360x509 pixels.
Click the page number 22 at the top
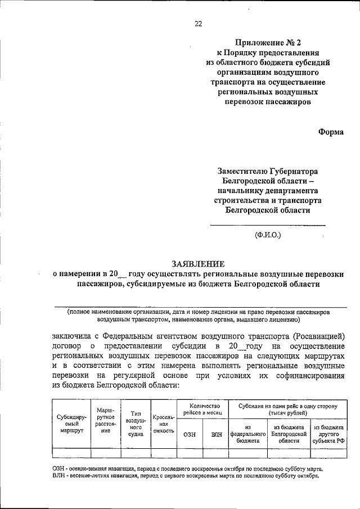pos(198,23)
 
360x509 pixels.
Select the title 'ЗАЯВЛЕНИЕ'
pos(198,263)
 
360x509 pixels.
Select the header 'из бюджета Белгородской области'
pos(288,434)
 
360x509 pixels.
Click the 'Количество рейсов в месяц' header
pos(204,409)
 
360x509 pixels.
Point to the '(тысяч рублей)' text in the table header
pos(288,413)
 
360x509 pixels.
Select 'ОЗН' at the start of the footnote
pos(60,468)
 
